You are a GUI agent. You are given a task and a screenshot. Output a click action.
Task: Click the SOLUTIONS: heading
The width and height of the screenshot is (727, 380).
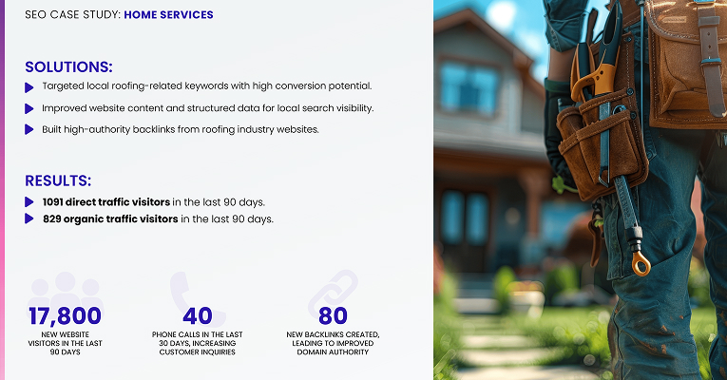[68, 66]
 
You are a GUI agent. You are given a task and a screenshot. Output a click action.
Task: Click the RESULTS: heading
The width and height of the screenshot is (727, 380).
[58, 180]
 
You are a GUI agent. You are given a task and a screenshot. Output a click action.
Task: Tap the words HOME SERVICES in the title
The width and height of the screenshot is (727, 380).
[168, 15]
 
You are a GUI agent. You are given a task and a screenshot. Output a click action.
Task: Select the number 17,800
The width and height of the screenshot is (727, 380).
[65, 316]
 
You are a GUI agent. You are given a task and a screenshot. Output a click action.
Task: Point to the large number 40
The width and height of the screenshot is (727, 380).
[199, 316]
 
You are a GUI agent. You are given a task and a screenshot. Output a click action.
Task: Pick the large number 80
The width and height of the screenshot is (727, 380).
[333, 316]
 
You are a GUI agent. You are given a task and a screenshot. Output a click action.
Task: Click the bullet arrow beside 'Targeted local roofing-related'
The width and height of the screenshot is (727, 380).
[29, 87]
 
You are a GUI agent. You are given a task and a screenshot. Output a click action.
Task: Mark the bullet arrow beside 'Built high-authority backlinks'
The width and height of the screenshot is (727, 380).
[29, 129]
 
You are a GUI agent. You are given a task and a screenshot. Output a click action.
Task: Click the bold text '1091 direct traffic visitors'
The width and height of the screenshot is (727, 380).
[106, 202]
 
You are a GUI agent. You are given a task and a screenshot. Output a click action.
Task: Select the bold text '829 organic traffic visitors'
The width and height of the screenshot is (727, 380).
[110, 219]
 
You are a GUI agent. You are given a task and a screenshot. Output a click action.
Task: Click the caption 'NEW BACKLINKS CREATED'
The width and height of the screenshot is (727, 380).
[333, 334]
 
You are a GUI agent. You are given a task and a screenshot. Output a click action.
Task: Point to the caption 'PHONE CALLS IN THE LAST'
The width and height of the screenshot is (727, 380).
[199, 334]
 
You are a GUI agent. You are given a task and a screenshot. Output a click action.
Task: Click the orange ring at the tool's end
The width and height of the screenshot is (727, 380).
[641, 261]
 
